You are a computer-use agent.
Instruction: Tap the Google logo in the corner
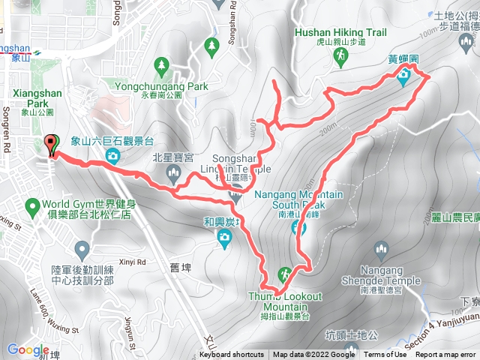pyautogui.click(x=28, y=349)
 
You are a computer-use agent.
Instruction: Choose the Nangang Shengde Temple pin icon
pyautogui.click(x=382, y=249)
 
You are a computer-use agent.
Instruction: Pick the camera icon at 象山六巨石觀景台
pyautogui.click(x=112, y=156)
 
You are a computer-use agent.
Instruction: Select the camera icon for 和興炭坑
pyautogui.click(x=223, y=238)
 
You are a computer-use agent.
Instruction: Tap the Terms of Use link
pyautogui.click(x=385, y=355)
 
